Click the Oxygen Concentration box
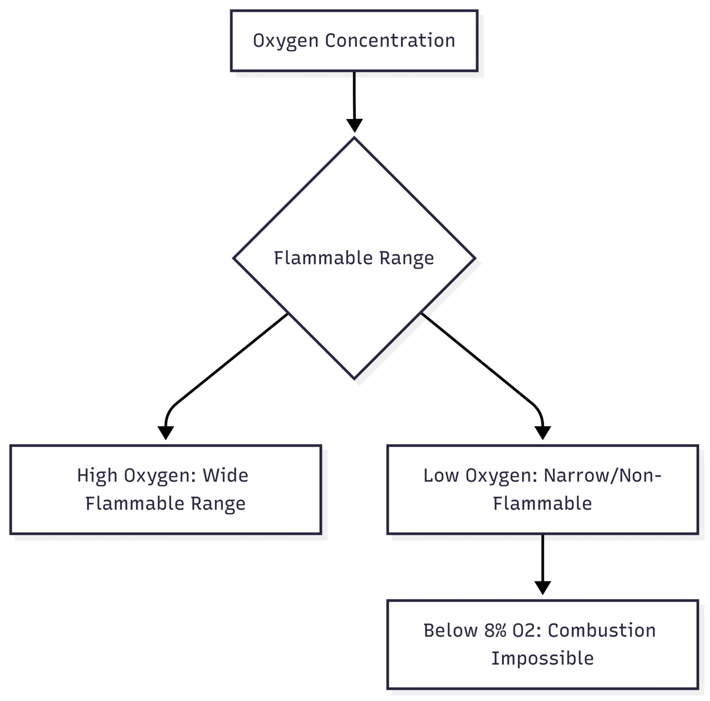click(354, 41)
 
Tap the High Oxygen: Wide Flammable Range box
click(165, 489)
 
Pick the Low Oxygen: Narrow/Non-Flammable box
click(542, 489)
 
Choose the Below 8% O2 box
click(542, 644)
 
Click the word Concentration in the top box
click(390, 41)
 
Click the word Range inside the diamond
click(407, 258)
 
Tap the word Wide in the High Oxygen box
click(226, 475)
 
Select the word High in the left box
click(97, 475)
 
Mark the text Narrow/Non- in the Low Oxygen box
click(602, 475)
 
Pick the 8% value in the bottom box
click(496, 630)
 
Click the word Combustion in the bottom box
click(602, 630)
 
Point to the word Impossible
click(542, 658)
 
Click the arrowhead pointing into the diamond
click(355, 126)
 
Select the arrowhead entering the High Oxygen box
click(165, 433)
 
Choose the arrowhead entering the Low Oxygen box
click(543, 433)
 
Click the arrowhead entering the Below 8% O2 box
click(543, 587)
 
